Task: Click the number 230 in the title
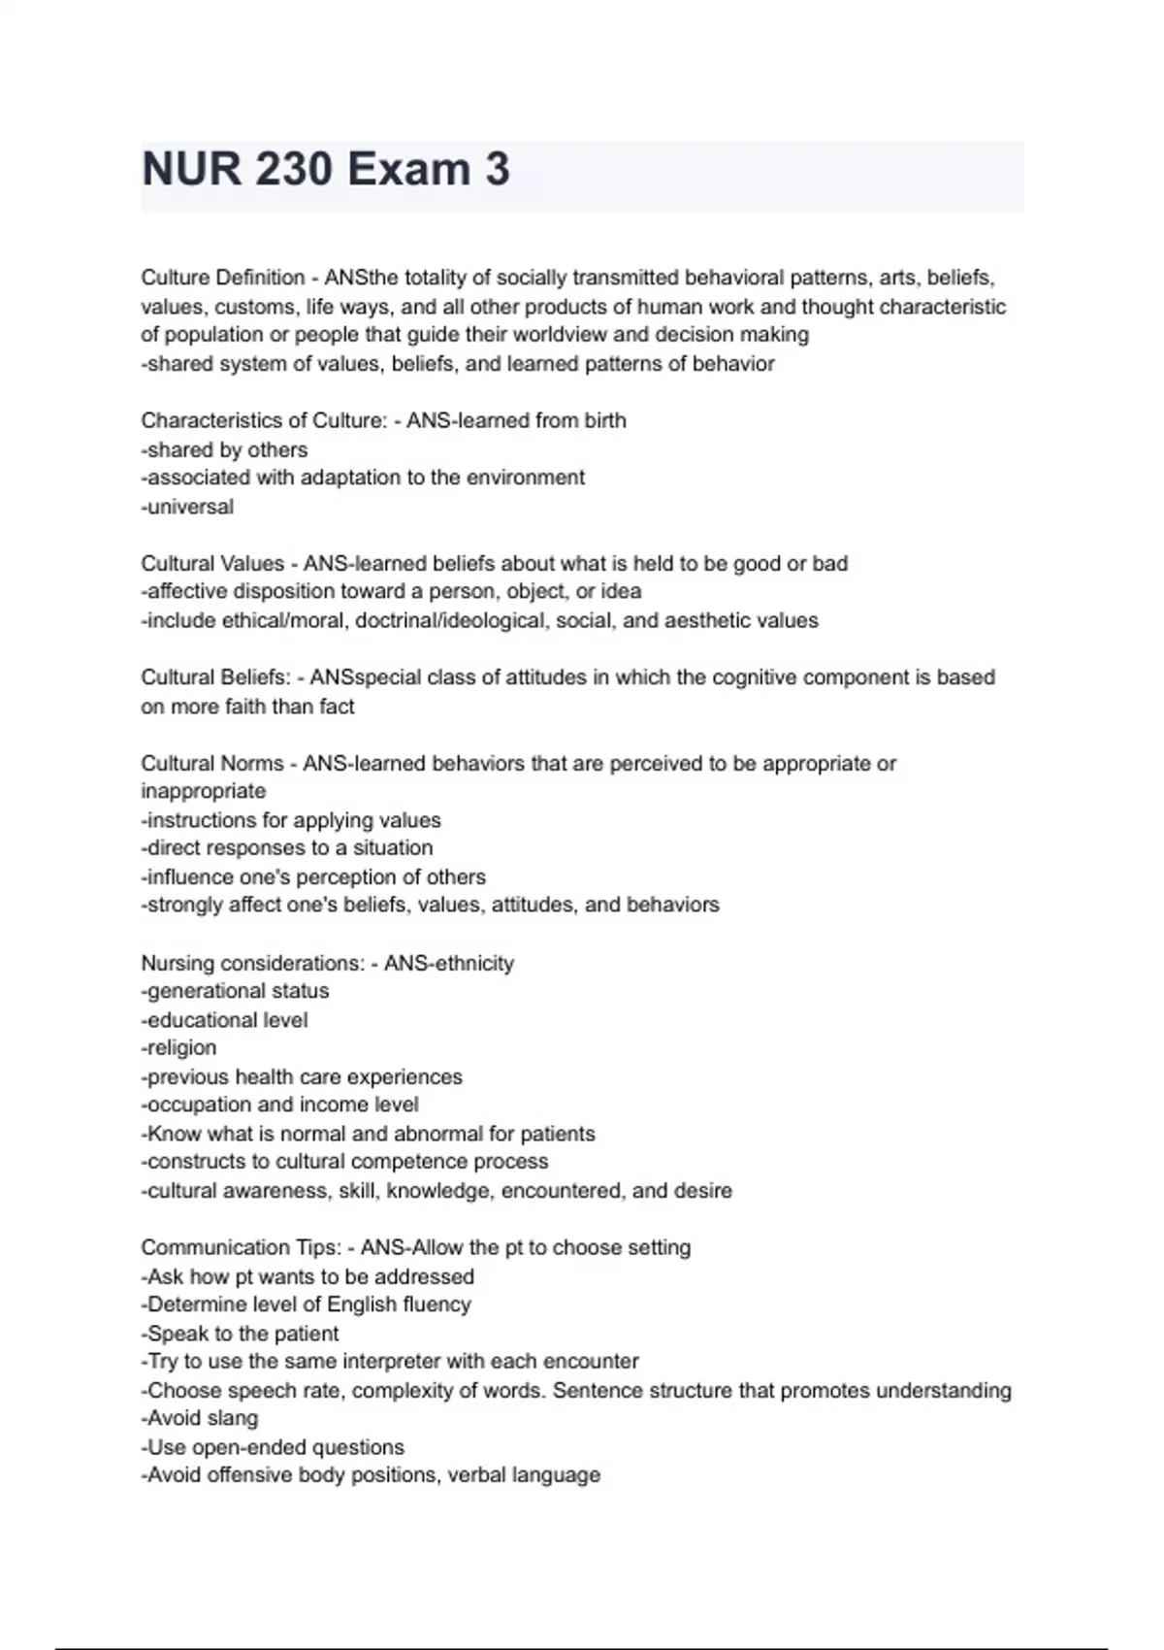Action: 295,170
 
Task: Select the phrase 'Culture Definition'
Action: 223,278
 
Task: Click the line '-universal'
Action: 187,507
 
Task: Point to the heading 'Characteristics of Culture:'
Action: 264,420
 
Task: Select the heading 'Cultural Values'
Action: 212,563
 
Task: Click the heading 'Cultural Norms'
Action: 212,764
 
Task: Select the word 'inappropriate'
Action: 204,791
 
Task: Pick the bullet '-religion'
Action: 179,1048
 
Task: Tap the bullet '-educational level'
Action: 224,1020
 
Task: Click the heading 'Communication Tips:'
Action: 242,1247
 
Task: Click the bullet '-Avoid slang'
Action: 200,1418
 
